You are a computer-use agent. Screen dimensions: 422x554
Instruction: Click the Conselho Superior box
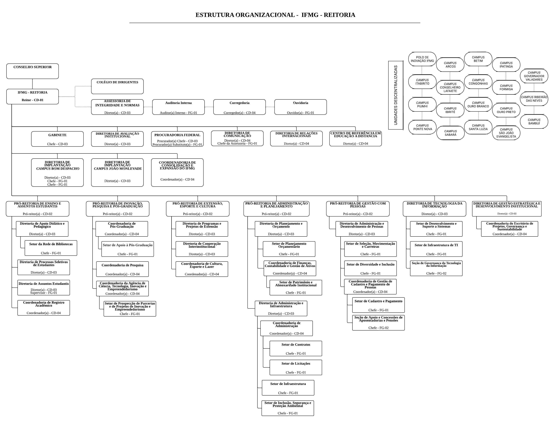[32, 71]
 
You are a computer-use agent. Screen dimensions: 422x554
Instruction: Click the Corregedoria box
[239, 107]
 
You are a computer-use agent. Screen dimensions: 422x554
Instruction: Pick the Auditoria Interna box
[178, 107]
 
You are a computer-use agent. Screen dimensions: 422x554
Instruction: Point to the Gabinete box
[57, 139]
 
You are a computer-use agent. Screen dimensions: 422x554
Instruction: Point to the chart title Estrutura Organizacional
[275, 15]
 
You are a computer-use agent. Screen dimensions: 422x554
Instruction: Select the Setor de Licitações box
[296, 368]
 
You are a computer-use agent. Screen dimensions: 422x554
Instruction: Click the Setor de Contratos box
[296, 348]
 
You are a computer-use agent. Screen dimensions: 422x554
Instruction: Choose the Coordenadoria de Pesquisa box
[122, 269]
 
